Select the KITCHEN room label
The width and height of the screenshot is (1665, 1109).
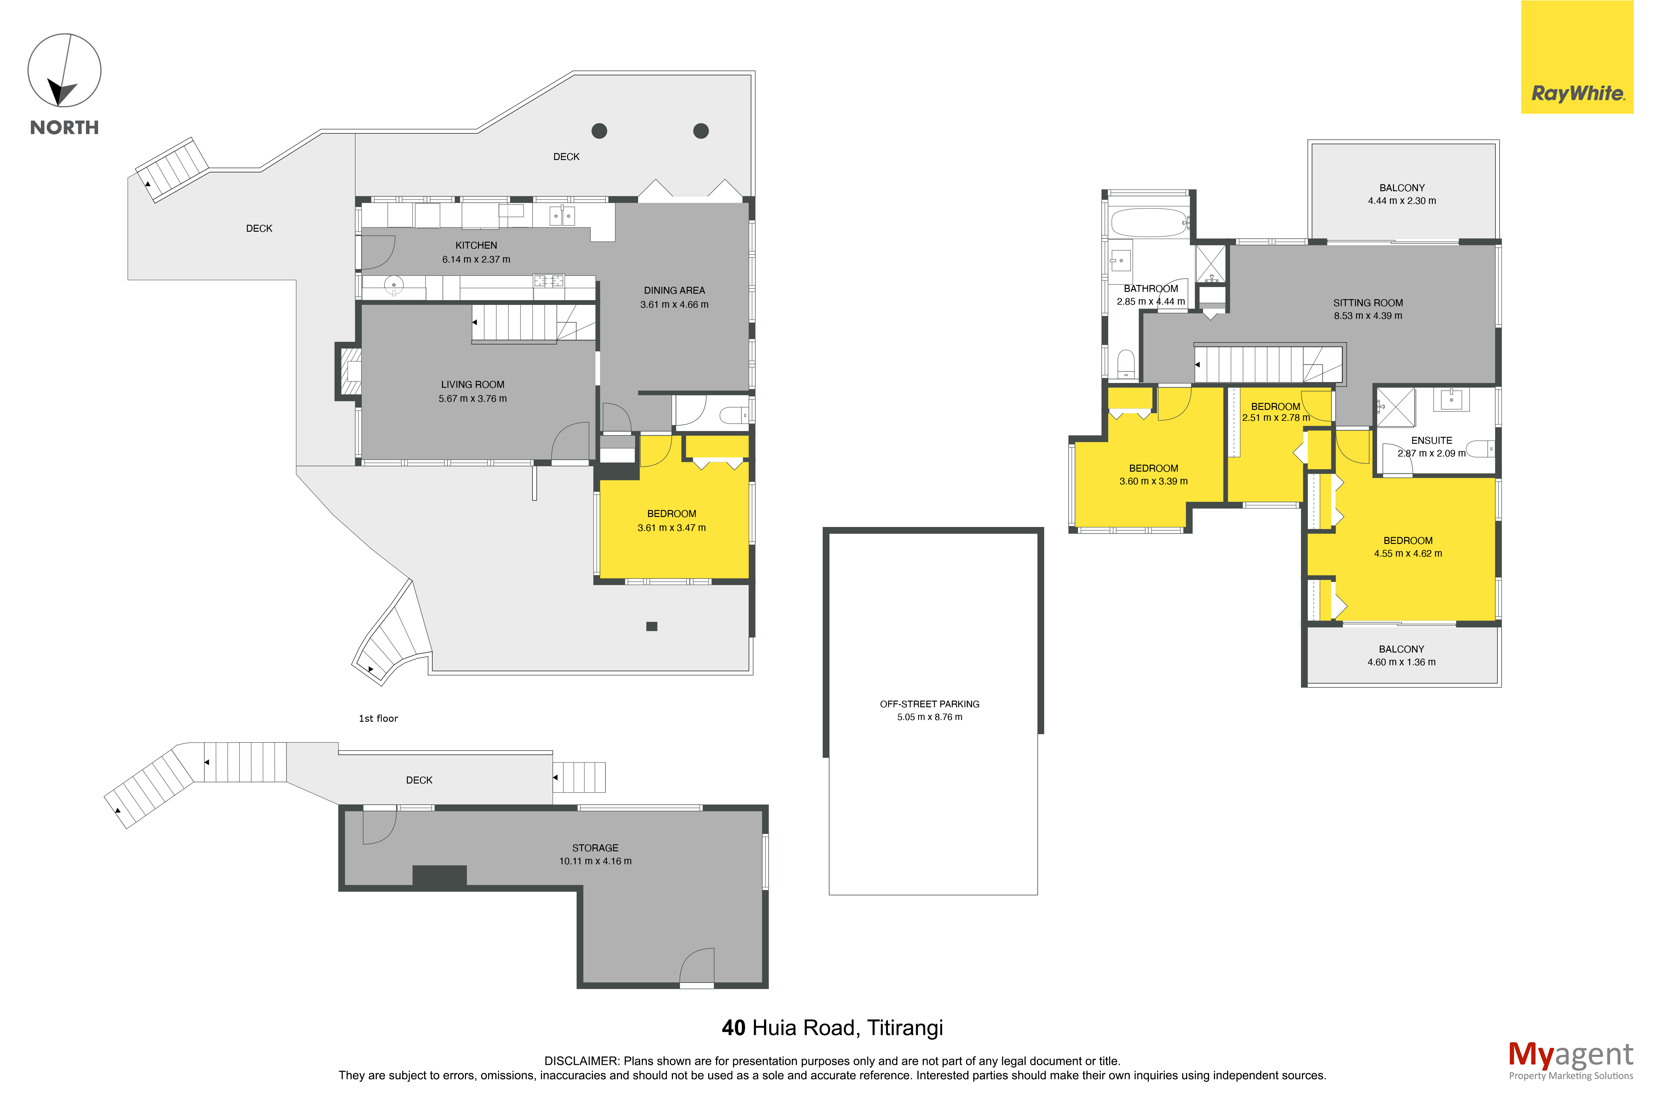tap(476, 245)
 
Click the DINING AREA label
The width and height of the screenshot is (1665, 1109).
tap(674, 291)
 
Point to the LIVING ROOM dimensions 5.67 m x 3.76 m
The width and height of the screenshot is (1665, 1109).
tap(473, 399)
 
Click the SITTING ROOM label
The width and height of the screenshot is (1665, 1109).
tap(1368, 303)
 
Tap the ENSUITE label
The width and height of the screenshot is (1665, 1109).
tap(1432, 441)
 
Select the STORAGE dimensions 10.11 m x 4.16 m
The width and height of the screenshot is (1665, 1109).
tap(595, 862)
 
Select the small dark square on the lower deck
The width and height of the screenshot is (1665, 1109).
tap(652, 626)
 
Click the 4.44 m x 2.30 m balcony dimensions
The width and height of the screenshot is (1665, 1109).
tap(1402, 201)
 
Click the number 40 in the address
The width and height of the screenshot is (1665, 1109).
tap(733, 1028)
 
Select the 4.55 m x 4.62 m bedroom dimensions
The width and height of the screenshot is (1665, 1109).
tap(1408, 554)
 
